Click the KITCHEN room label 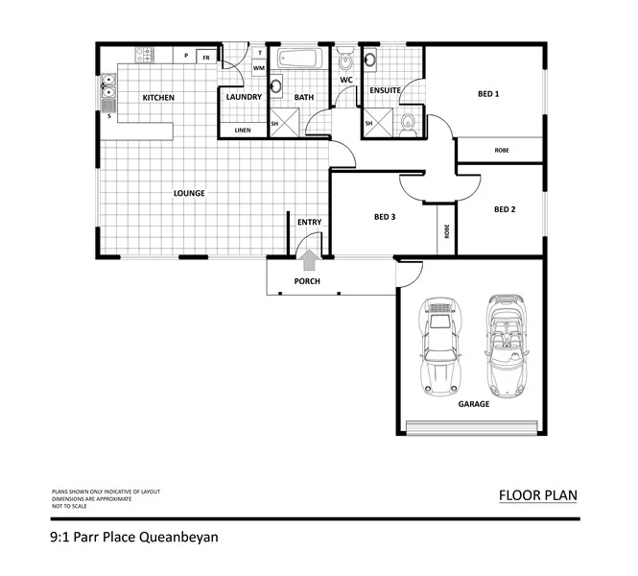pyautogui.click(x=157, y=98)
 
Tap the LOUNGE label pyautogui.click(x=189, y=193)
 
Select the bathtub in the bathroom pyautogui.click(x=299, y=60)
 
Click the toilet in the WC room pyautogui.click(x=345, y=61)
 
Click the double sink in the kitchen pyautogui.click(x=108, y=96)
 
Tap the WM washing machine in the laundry pyautogui.click(x=258, y=68)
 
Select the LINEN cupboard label pyautogui.click(x=243, y=130)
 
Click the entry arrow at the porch pyautogui.click(x=309, y=260)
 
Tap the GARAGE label pyautogui.click(x=473, y=404)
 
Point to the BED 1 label pyautogui.click(x=488, y=94)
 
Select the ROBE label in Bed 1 pyautogui.click(x=501, y=151)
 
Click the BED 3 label pyautogui.click(x=385, y=217)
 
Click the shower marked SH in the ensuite pyautogui.click(x=370, y=123)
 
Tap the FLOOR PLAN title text pyautogui.click(x=537, y=496)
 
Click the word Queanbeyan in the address pyautogui.click(x=177, y=538)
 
